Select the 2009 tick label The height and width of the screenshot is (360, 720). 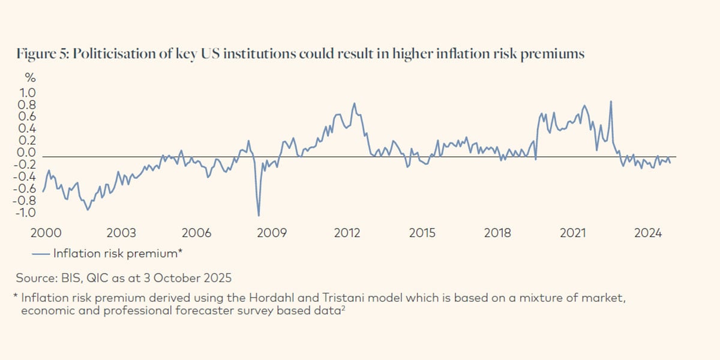coord(272,233)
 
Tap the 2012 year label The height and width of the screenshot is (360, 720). coord(347,233)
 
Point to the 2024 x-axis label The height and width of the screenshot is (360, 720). coord(649,233)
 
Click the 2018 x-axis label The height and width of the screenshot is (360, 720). coord(498,233)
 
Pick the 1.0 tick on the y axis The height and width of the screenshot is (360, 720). coord(29,93)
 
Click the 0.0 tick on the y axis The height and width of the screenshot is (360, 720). coord(29,153)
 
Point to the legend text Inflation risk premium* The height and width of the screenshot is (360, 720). coord(118,254)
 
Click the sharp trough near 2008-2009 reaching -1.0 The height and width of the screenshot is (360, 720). coord(259,215)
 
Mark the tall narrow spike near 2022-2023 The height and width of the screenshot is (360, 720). coord(611,102)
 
